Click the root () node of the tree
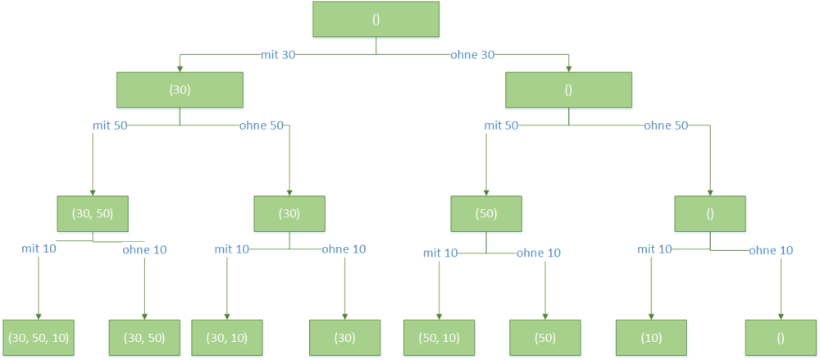click(376, 20)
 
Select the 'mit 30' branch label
click(278, 54)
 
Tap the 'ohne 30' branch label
click(473, 54)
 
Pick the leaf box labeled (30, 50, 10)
click(39, 338)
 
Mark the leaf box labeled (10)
click(651, 338)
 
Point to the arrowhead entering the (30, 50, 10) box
click(39, 316)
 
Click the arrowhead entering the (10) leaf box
click(651, 316)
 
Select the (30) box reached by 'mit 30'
click(180, 90)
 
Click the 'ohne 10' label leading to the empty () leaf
click(771, 251)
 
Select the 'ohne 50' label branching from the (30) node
click(262, 125)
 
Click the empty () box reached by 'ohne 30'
click(568, 90)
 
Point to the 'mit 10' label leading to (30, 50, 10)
click(39, 248)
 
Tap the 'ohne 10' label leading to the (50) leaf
click(539, 253)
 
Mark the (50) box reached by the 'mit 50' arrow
click(486, 213)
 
